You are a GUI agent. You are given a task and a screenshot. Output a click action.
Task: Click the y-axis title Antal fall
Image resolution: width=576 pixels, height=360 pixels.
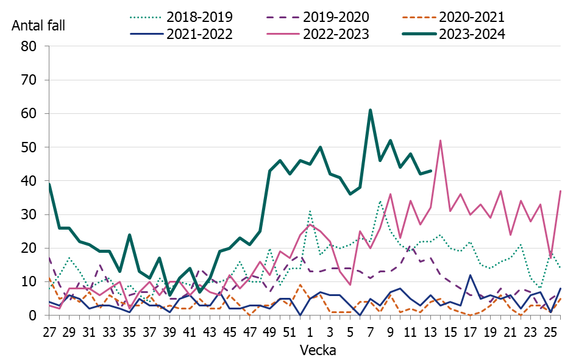point(38,26)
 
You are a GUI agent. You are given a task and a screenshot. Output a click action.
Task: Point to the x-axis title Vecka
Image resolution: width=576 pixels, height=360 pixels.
point(316,350)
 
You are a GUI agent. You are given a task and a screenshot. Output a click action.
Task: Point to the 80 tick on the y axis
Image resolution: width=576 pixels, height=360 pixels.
point(29,46)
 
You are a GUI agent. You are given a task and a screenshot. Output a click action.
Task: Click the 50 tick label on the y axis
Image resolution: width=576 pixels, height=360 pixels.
point(29,147)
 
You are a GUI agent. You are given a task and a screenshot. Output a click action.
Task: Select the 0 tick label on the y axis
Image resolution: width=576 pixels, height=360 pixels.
point(34,316)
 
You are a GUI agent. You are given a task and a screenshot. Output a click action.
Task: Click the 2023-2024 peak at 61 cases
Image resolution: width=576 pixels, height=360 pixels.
point(370,110)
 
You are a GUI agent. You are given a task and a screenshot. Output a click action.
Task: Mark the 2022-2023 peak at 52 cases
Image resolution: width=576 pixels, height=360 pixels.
point(440,141)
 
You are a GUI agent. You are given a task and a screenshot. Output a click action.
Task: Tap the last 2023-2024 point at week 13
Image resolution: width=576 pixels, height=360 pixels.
point(430,171)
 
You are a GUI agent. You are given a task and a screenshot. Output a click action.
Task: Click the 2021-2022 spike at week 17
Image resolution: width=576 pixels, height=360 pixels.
point(470,275)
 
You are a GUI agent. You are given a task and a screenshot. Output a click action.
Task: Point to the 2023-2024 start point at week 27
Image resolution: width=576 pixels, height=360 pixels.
point(49,184)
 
